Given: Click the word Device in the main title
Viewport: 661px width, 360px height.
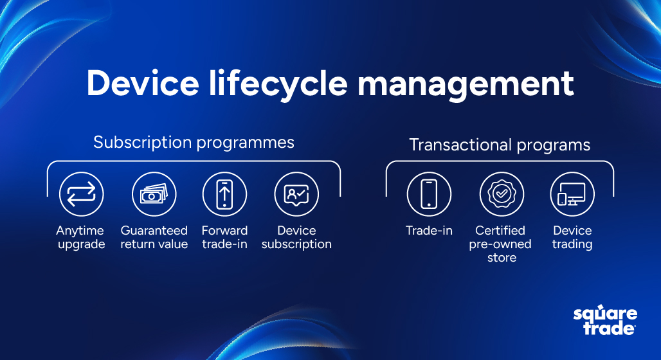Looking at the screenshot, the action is point(143,83).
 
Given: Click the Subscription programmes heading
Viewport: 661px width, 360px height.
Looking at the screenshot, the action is point(194,143).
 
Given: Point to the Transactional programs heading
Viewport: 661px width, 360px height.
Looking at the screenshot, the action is point(500,145).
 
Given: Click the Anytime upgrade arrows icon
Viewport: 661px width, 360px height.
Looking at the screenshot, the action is point(82,194).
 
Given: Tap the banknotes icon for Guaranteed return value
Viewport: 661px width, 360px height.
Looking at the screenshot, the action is point(154,194).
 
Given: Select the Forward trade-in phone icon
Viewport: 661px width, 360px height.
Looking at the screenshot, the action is point(224,194).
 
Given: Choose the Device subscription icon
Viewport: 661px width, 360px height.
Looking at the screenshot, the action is point(296,194).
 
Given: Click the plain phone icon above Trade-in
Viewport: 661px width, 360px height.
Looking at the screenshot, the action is point(429,194).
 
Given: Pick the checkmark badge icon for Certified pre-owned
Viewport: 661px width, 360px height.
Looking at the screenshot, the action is point(502,194).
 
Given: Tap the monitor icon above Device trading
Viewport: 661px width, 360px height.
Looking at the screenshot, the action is point(572,194).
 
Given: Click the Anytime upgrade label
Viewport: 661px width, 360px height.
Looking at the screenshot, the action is point(80,237).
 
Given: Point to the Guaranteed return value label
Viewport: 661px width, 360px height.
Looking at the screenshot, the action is point(154,237).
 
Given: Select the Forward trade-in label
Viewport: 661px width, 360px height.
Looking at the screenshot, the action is point(224,237).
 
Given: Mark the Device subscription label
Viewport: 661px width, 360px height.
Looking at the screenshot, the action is point(296,237).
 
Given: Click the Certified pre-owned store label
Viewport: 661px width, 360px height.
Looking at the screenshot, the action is point(500,244).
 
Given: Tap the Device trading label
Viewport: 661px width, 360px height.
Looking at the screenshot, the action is point(572,237).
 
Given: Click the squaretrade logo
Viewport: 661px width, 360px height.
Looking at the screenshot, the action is point(605,320).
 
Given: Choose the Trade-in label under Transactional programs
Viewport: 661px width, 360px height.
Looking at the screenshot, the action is point(429,231).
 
